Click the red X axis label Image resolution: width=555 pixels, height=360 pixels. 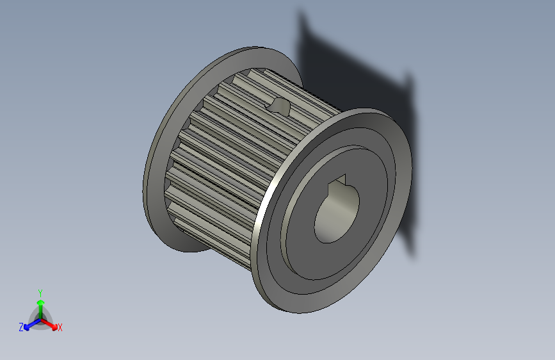(60, 327)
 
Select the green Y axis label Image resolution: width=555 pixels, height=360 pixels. (40, 291)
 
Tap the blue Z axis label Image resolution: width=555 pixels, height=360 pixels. (21, 327)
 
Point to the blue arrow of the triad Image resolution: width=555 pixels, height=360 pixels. (29, 324)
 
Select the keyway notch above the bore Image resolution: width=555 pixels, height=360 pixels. (337, 183)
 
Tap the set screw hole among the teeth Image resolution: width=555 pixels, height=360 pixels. (280, 105)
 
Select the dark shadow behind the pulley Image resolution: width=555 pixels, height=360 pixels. (358, 70)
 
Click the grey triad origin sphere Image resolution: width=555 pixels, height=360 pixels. (40, 318)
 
